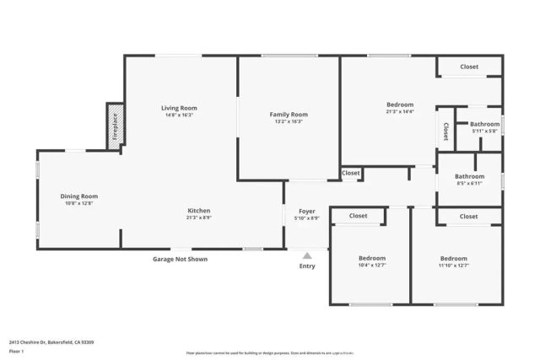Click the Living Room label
(x=179, y=108)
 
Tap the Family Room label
(x=289, y=114)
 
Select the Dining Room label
(x=78, y=196)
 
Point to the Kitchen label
(x=199, y=210)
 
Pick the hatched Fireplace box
(x=116, y=126)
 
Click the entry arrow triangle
(x=307, y=254)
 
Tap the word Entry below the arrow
(x=307, y=266)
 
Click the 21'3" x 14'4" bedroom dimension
(x=399, y=111)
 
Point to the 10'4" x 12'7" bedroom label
(x=371, y=266)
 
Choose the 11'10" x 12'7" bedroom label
(x=453, y=266)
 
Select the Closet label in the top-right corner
(x=469, y=67)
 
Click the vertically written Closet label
(x=444, y=132)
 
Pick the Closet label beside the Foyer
(x=351, y=173)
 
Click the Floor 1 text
(x=16, y=351)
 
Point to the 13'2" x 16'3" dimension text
(x=289, y=121)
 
